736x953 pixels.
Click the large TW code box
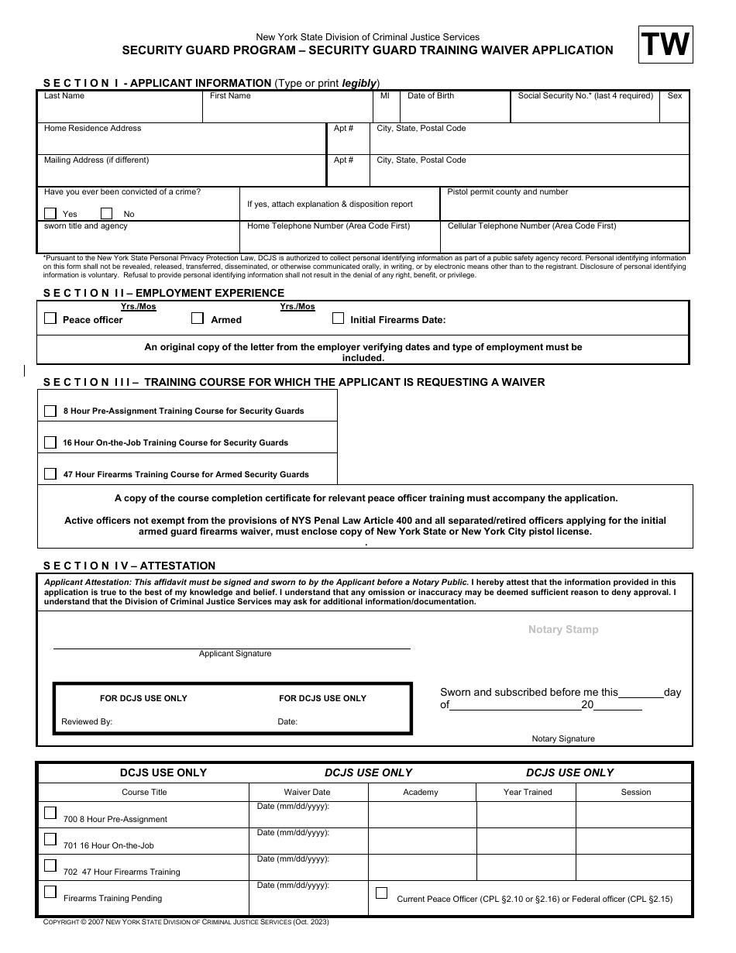[x=665, y=45]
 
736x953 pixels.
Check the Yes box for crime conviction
[x=50, y=214]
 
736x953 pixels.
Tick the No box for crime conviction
[x=107, y=214]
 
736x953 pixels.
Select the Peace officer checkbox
[x=50, y=318]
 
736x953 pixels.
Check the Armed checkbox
[x=198, y=318]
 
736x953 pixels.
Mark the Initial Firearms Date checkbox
[x=338, y=318]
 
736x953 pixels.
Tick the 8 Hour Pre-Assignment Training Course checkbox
[x=50, y=411]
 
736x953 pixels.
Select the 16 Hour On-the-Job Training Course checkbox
[x=50, y=442]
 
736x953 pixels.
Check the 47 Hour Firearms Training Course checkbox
[x=50, y=474]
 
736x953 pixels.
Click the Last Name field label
[x=64, y=96]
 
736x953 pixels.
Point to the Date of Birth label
[x=431, y=96]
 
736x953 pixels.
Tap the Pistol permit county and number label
[x=507, y=192]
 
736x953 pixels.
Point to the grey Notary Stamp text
[x=563, y=630]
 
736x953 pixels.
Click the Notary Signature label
[x=563, y=739]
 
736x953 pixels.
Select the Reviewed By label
[x=87, y=722]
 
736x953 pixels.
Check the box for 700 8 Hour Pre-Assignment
[x=50, y=813]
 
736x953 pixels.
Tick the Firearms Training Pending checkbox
[x=50, y=892]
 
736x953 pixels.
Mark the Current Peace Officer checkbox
[x=381, y=893]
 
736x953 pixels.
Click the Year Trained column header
[x=528, y=793]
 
